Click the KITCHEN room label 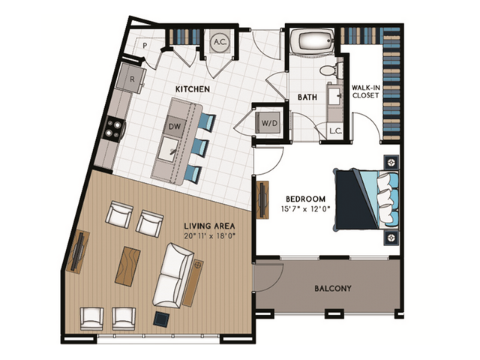pos(192,89)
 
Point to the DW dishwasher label pos(174,126)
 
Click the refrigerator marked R pos(131,76)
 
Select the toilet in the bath pos(328,71)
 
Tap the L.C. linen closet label pos(335,131)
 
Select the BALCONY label pos(333,288)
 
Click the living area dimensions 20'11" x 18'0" pos(210,235)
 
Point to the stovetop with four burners pos(113,129)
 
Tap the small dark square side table pos(161,318)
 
